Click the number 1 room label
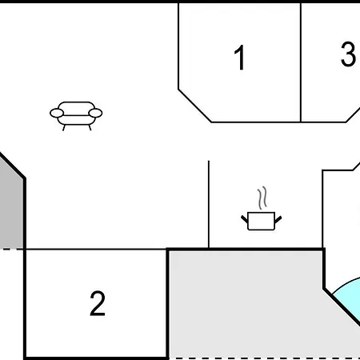pyautogui.click(x=239, y=58)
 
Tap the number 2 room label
pyautogui.click(x=98, y=303)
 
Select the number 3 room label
pyautogui.click(x=348, y=54)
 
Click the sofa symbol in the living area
pyautogui.click(x=76, y=116)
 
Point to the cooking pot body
pyautogui.click(x=262, y=221)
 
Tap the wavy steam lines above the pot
pyautogui.click(x=262, y=198)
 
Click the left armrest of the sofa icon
pyautogui.click(x=57, y=113)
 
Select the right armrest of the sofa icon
pyautogui.click(x=95, y=113)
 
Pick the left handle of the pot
pyautogui.click(x=244, y=219)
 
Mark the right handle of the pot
pyautogui.click(x=278, y=219)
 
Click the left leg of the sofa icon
pyautogui.click(x=64, y=128)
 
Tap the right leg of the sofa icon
pyautogui.click(x=90, y=128)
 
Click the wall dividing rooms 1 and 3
pyautogui.click(x=301, y=62)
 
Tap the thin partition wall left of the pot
pyautogui.click(x=209, y=204)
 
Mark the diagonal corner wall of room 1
pyautogui.click(x=195, y=106)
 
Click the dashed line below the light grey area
pyautogui.click(x=265, y=358)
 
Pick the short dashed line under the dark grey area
pyautogui.click(x=12, y=250)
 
